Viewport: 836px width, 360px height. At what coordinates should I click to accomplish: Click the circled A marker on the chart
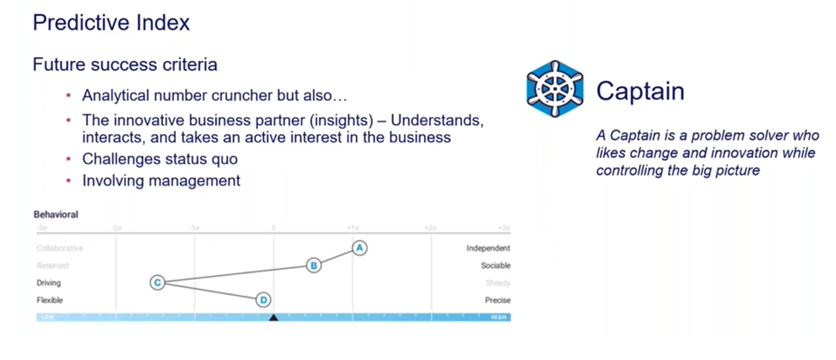coord(359,248)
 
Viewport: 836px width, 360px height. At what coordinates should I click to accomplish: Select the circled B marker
coord(313,265)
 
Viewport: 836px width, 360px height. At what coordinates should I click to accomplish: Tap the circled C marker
coord(157,283)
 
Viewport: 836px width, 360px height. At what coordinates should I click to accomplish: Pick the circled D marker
coord(264,300)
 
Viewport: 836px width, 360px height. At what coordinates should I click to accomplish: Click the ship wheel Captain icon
coord(555,89)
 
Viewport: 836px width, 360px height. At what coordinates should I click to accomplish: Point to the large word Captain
coord(639,91)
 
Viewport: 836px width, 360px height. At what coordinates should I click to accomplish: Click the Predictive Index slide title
coord(111,23)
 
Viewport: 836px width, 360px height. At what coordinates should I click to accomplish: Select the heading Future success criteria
coord(125,65)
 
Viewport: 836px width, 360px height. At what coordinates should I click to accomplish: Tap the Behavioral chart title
coord(56,215)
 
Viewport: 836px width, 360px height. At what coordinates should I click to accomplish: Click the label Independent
coord(488,248)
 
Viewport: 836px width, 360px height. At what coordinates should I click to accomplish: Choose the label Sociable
coord(495,266)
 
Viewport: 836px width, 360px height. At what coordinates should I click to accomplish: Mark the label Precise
coord(497,300)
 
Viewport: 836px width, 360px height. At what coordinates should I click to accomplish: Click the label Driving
coord(48,283)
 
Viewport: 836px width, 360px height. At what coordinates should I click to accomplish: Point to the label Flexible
coord(50,300)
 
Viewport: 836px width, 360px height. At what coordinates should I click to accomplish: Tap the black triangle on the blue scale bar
coord(273,317)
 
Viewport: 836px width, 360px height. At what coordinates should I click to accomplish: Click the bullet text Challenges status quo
coord(159,159)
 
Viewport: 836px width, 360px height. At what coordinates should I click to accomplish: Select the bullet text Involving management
coord(161,180)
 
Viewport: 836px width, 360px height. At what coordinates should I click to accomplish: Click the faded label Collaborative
coord(60,248)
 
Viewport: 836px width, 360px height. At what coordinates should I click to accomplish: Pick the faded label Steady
coord(498,283)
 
